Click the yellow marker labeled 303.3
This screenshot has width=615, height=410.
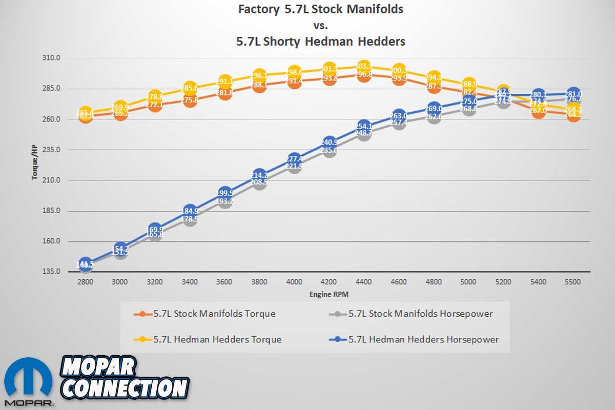pos(364,67)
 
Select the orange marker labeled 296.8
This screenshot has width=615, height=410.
pos(364,75)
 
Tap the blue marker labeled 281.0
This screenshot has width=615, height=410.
pos(574,94)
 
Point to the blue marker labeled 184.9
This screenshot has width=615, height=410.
pos(190,211)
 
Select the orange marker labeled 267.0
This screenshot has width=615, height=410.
pos(539,111)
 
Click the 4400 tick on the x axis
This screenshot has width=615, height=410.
pos(363,281)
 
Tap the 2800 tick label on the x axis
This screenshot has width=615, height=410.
pos(85,281)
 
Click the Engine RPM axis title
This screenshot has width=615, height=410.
pos(329,295)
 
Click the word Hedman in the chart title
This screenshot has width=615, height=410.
pos(328,42)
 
